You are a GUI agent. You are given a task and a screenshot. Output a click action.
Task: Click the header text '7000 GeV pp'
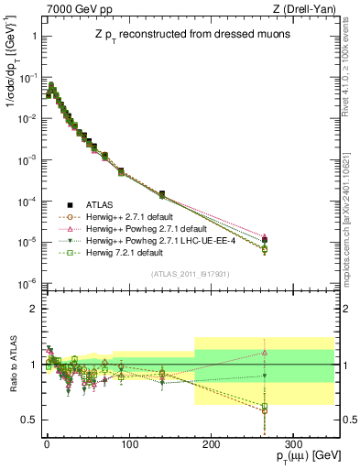click(x=73, y=8)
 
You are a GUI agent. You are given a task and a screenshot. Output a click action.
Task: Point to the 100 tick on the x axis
click(x=128, y=442)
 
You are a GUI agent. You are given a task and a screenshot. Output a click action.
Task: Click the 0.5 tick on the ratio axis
click(x=29, y=420)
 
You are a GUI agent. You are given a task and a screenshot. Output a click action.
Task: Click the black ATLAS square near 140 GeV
click(x=162, y=194)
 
